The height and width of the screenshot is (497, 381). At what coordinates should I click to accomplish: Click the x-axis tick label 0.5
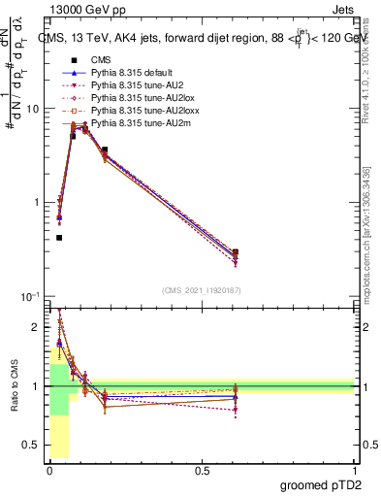[202, 469]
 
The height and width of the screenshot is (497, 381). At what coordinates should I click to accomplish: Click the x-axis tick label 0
[49, 469]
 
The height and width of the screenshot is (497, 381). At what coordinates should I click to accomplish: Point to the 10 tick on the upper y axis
[36, 109]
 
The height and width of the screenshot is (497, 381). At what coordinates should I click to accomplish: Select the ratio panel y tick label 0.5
[34, 446]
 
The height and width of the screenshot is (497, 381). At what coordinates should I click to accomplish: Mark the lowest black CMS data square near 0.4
[59, 237]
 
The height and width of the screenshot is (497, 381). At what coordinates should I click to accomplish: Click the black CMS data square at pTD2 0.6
[236, 252]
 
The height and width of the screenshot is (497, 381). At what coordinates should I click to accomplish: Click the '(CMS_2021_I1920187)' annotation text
[202, 289]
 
